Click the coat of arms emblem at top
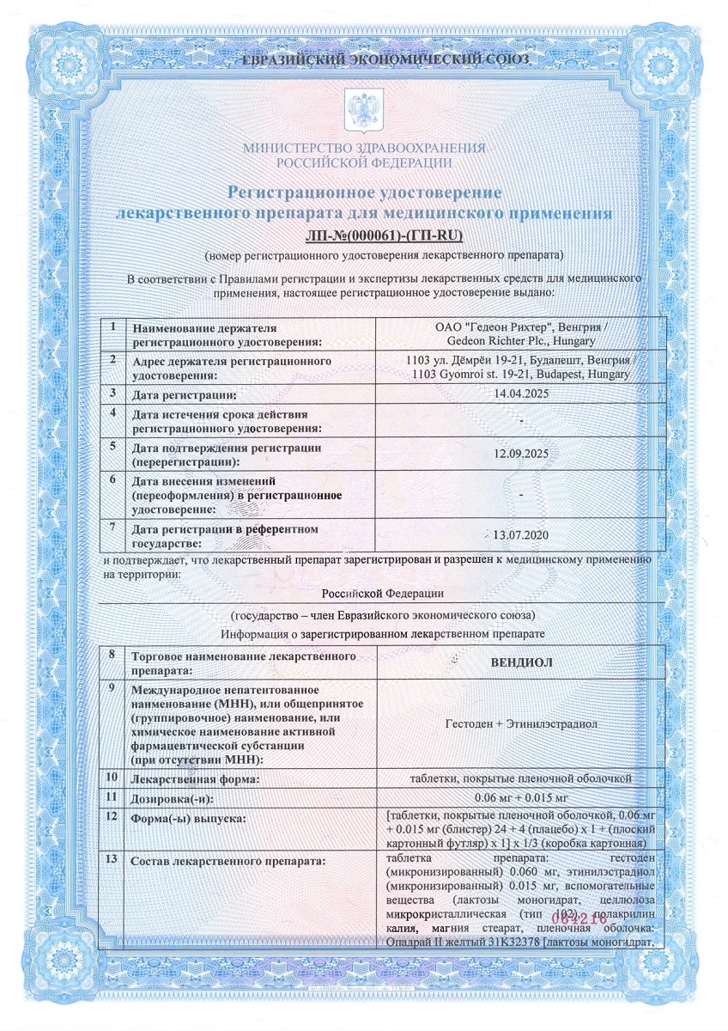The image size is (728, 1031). (363, 110)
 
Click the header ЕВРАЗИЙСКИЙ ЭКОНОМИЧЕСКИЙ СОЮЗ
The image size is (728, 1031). (364, 60)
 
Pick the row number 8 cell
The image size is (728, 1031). (112, 656)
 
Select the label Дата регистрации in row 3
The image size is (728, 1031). (184, 394)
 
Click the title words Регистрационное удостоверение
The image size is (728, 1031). (364, 192)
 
